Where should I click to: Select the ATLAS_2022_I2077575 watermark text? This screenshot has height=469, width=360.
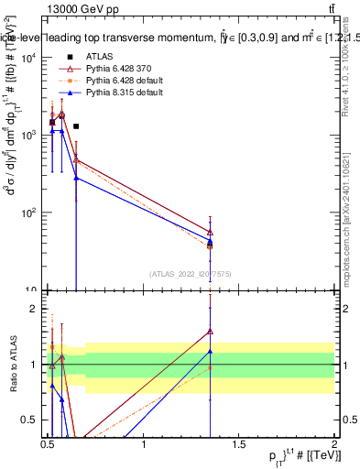(191, 273)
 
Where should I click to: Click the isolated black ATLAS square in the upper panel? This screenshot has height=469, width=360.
(76, 126)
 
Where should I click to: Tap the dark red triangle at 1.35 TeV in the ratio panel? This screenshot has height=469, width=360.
(211, 332)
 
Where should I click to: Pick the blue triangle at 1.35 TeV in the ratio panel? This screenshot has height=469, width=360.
(211, 352)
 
